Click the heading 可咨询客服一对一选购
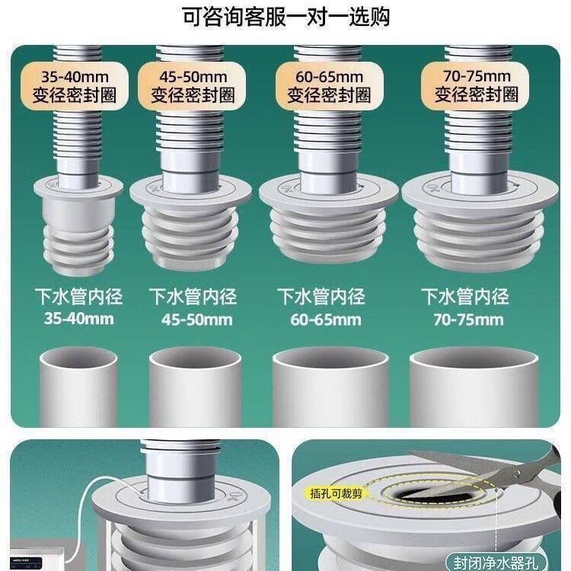coord(285,17)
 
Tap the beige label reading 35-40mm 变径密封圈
coord(75,86)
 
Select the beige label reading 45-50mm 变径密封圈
coord(192,86)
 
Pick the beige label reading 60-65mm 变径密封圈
coord(329,86)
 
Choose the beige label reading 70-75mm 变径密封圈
coord(476,86)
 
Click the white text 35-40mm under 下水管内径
coord(79,319)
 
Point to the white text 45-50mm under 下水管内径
coord(197,320)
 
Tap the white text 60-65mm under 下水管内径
coord(326,320)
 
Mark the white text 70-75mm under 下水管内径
coord(469,320)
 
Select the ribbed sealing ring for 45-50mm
coord(190,223)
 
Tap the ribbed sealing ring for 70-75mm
coord(480,221)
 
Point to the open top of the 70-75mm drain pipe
coord(474,359)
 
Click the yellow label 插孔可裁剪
coord(336,493)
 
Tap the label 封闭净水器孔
coord(496,562)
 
